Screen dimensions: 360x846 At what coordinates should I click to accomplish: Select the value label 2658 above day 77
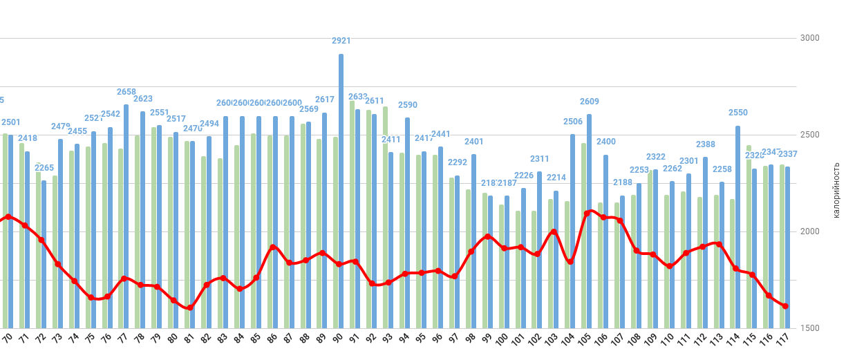coord(126,92)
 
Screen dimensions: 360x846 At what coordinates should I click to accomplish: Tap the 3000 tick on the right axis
coord(809,38)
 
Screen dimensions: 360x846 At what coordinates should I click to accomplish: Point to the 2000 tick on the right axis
coord(809,231)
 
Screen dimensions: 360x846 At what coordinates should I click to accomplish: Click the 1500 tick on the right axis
coord(809,328)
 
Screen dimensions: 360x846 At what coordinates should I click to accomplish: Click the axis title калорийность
coord(836,190)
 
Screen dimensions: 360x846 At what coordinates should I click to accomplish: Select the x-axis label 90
coord(337,339)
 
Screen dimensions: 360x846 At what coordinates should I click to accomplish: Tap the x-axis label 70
coord(8,339)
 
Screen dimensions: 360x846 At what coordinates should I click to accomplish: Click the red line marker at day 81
coord(189,308)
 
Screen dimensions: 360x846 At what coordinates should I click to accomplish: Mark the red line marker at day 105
coord(587,214)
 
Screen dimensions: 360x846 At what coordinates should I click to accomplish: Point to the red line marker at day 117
coord(785,306)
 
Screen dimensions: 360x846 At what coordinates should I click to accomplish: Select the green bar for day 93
coord(385,217)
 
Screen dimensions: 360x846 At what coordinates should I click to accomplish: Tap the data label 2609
coord(590,102)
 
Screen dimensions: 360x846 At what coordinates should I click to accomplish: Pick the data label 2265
coord(44,168)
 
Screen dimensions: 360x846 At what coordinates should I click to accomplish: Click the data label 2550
coord(738,113)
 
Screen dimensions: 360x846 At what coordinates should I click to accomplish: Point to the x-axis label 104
coord(569,340)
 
